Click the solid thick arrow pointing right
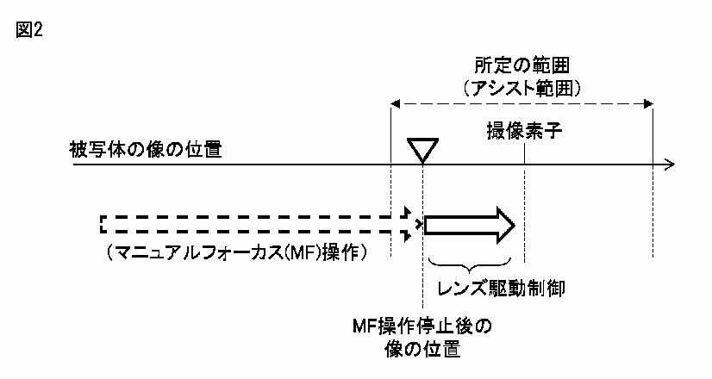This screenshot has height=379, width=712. click(470, 225)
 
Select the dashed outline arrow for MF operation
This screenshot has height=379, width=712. click(259, 225)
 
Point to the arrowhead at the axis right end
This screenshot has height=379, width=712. click(670, 164)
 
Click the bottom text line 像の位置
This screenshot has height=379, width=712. click(424, 351)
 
